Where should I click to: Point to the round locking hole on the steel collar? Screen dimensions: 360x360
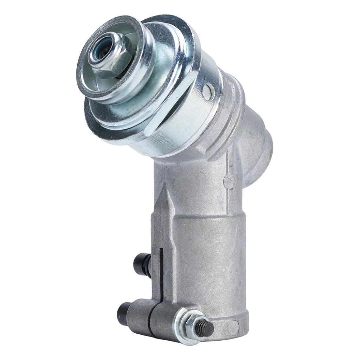click(x=208, y=91)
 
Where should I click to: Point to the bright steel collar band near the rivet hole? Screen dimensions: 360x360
click(x=197, y=116)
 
